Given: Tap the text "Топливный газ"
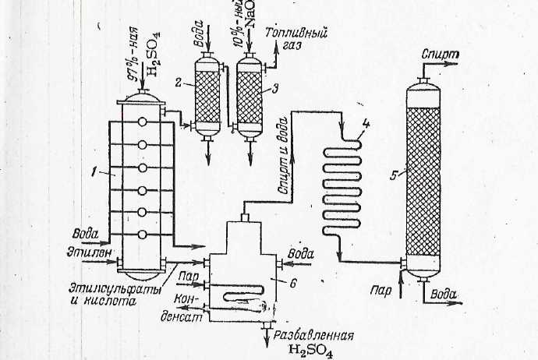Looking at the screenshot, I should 296,40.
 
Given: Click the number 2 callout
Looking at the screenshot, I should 178,81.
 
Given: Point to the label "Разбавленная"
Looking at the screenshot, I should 314,337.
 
